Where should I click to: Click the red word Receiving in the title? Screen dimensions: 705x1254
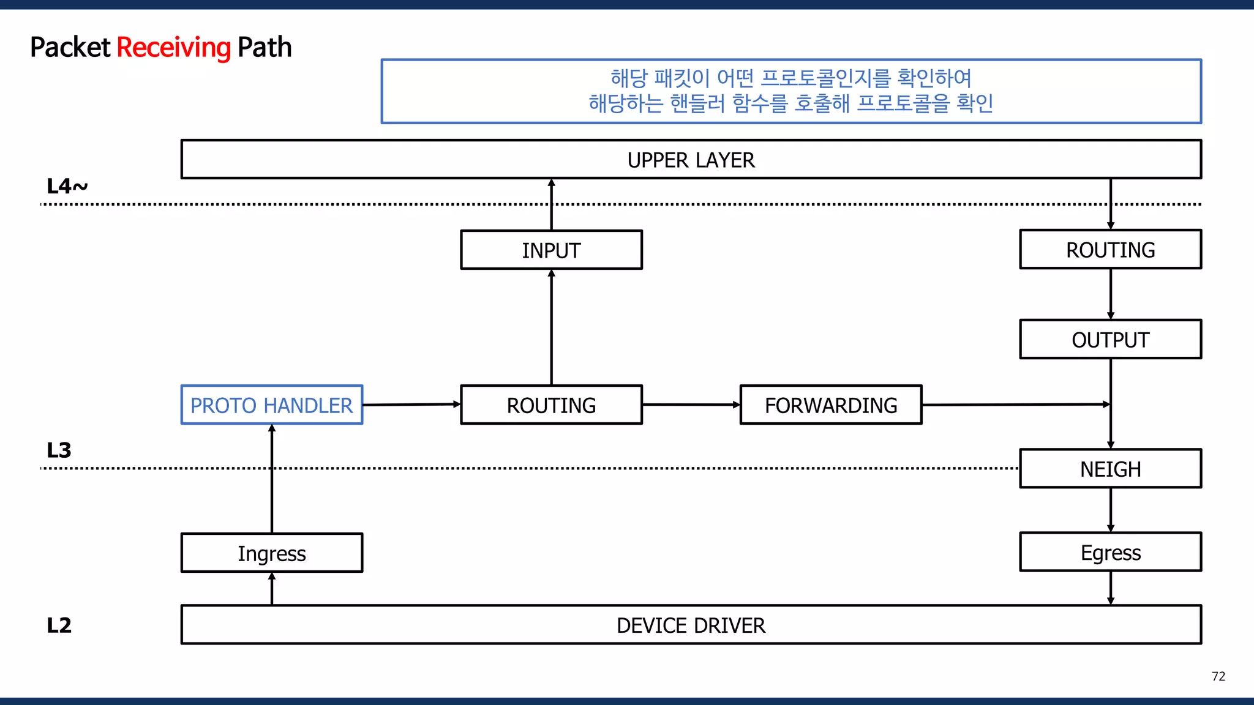(173, 48)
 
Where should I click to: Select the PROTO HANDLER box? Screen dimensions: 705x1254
(271, 405)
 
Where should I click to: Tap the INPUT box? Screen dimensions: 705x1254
(551, 250)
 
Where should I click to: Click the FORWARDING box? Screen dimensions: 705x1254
(830, 405)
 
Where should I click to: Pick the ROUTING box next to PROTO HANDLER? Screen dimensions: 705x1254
(551, 405)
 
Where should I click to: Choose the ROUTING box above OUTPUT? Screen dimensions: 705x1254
(1110, 249)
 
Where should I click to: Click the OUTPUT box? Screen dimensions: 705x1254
(1110, 339)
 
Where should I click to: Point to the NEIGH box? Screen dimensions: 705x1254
(1110, 469)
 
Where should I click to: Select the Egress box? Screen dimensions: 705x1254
(1110, 552)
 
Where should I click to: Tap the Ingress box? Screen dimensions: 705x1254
(271, 553)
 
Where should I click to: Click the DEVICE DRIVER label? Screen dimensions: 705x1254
(691, 625)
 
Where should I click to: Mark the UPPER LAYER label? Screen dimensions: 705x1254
(691, 160)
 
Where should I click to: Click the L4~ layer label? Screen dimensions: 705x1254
(67, 186)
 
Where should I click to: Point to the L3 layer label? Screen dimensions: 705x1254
(59, 450)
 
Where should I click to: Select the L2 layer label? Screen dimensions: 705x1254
(59, 625)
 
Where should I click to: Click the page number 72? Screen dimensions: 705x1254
(1218, 676)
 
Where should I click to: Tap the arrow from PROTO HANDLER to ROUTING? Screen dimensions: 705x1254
(411, 405)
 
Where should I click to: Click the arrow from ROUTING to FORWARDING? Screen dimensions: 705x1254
(691, 405)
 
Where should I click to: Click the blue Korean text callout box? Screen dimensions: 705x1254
(791, 91)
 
